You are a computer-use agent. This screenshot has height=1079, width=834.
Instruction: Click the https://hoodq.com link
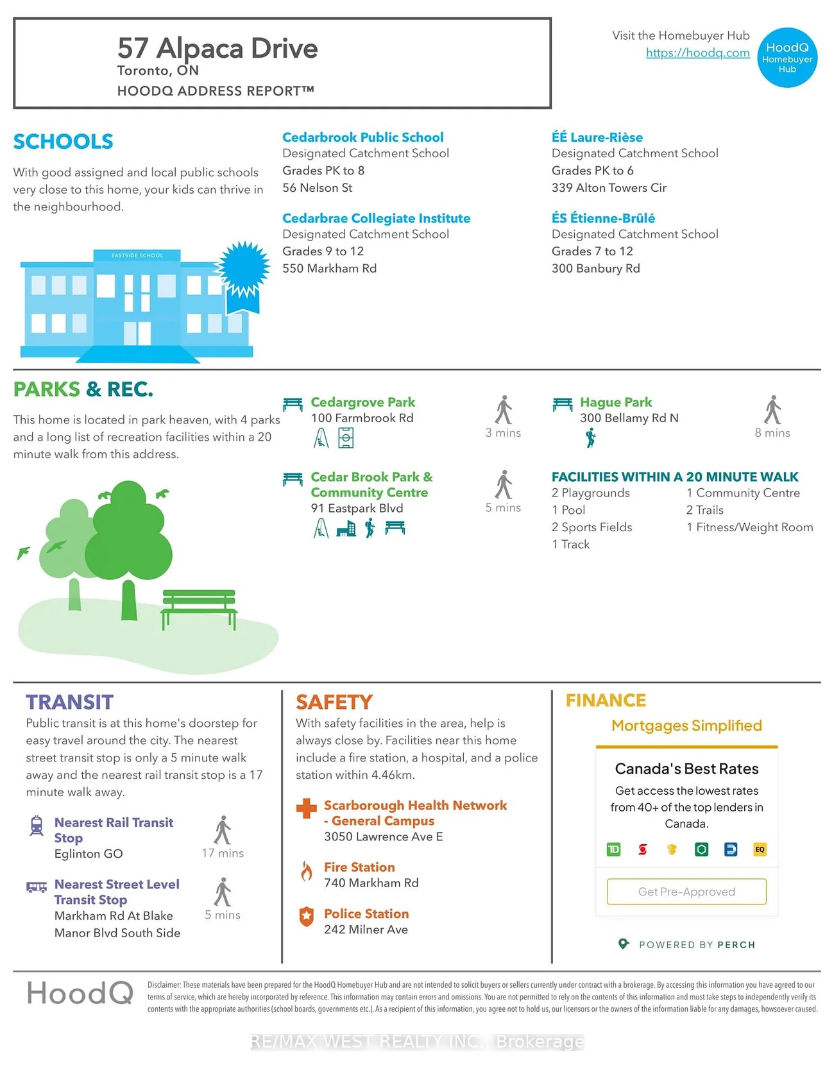pos(697,53)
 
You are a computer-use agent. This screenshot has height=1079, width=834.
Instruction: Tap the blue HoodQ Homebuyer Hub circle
pos(787,58)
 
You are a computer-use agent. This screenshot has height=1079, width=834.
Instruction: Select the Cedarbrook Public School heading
pos(362,137)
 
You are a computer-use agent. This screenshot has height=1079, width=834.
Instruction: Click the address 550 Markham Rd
pos(329,268)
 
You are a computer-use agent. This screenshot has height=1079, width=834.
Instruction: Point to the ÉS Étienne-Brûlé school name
pos(603,218)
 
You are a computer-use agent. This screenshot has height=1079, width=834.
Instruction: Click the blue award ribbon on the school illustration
pos(243,273)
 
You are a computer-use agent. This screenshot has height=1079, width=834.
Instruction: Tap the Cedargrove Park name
pos(362,402)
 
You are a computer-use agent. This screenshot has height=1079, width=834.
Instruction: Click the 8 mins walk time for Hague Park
pos(772,433)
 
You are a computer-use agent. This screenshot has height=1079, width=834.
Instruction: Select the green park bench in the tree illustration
pos(199,606)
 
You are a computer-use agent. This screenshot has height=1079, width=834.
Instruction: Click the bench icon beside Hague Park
pos(563,404)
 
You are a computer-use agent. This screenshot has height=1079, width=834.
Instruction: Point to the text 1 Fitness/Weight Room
pos(749,527)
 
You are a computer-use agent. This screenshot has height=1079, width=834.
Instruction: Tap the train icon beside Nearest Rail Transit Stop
pos(37,826)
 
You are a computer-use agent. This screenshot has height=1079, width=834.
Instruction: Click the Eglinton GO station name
pos(89,854)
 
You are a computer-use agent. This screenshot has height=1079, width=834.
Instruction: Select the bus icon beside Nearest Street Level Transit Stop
pos(37,887)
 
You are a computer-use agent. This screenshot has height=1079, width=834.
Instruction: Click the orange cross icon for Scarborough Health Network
pos(307,808)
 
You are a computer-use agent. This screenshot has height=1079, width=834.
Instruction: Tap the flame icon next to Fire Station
pos(307,871)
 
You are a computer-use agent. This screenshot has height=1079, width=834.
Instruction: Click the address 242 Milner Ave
pos(366,930)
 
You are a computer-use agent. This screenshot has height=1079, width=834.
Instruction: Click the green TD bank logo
pos(613,849)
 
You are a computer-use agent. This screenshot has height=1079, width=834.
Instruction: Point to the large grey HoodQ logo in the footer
pos(80,994)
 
